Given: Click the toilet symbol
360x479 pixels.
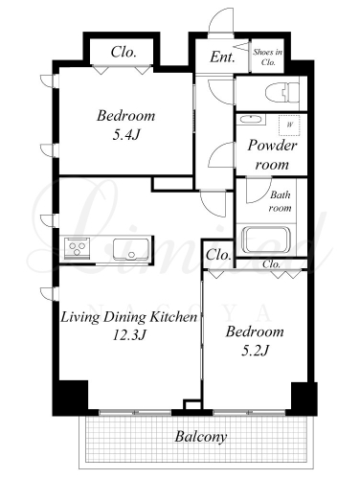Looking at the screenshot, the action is click(282, 93).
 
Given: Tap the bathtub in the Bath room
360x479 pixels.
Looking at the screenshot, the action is click(266, 239).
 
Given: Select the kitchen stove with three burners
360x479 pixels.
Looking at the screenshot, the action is click(77, 248).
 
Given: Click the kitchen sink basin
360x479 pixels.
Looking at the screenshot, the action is click(131, 248).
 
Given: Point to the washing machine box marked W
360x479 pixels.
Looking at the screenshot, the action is click(289, 125).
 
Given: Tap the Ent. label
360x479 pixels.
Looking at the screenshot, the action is click(222, 57).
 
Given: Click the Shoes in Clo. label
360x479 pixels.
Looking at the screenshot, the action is click(268, 57).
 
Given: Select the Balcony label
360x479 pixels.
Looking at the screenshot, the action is click(201, 437).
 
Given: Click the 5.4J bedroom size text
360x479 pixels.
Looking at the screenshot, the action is click(126, 135).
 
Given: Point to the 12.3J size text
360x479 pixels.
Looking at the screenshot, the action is click(129, 335).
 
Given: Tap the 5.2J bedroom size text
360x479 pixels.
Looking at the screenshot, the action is click(256, 351).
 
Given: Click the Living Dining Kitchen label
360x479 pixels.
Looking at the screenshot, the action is click(128, 317).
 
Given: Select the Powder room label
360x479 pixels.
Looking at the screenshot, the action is click(272, 155).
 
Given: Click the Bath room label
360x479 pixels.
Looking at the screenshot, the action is click(280, 201).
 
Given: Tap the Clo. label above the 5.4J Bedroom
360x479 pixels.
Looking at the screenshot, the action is click(124, 52).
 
